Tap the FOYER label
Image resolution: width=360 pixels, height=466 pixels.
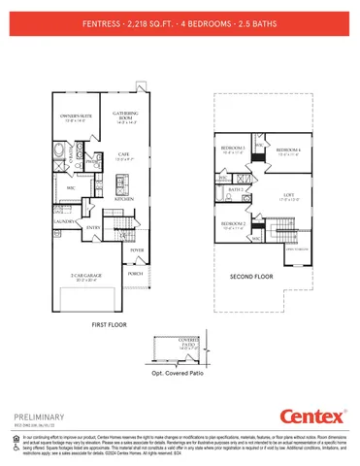pyautogui.click(x=135, y=249)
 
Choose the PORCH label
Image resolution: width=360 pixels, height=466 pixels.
pyautogui.click(x=135, y=273)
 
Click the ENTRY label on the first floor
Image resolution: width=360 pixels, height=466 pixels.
pyautogui.click(x=93, y=227)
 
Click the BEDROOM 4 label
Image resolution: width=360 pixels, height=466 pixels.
pyautogui.click(x=288, y=150)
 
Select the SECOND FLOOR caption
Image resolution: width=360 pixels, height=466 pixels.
pyautogui.click(x=249, y=277)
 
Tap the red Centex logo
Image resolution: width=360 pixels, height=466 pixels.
pyautogui.click(x=312, y=416)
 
